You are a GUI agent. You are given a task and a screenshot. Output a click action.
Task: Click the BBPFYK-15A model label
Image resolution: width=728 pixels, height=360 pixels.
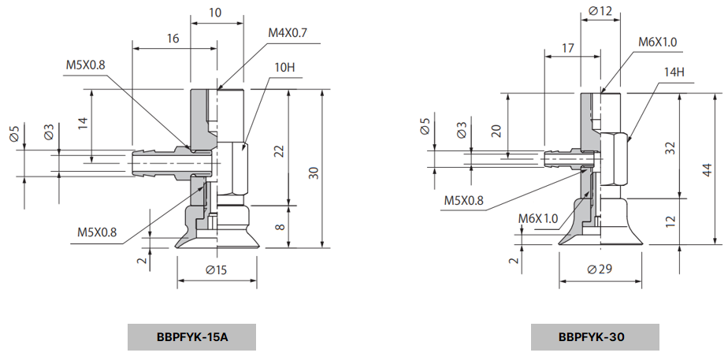click(x=192, y=337)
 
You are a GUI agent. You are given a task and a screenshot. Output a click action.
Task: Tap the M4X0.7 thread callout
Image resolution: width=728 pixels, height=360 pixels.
click(x=287, y=32)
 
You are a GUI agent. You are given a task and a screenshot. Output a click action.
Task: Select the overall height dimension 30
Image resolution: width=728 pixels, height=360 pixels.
click(x=314, y=173)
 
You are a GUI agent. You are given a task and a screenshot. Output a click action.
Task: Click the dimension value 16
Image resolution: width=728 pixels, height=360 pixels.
click(x=173, y=38)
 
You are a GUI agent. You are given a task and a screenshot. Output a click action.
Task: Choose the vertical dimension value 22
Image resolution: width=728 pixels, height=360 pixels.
click(x=278, y=151)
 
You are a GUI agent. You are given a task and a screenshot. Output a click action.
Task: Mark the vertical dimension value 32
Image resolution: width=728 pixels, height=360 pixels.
click(x=670, y=148)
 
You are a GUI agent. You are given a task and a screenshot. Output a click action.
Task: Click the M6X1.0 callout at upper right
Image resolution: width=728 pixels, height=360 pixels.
click(x=658, y=42)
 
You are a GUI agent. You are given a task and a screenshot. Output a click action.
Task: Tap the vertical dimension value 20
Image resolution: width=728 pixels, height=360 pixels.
click(x=496, y=130)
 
